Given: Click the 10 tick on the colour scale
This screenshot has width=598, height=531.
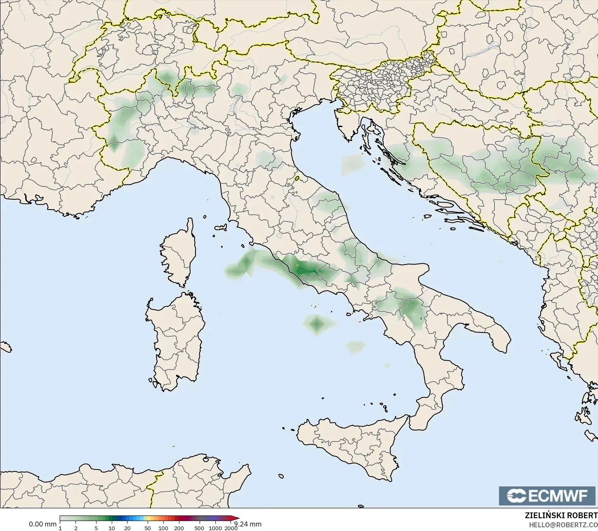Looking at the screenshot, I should tap(111, 528).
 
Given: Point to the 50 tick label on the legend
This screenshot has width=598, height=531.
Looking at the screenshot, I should tap(148, 528).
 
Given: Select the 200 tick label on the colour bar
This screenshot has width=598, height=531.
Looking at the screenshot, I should tap(179, 528).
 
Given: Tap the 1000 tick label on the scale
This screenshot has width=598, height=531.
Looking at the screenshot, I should tap(215, 528).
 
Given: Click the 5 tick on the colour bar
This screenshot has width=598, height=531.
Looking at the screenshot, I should tap(96, 528).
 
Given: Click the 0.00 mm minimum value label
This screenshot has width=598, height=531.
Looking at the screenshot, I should tap(42, 524).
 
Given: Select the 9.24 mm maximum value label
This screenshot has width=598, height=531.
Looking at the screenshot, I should tap(248, 524).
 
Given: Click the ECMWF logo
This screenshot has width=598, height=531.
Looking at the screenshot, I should tap(548, 496).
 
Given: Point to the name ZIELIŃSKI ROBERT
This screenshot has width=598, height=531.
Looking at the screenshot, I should tap(561, 515).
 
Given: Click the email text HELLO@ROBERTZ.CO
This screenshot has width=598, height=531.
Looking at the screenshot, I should tap(563, 524).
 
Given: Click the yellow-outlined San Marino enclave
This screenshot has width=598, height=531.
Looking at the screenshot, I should tap(297, 179).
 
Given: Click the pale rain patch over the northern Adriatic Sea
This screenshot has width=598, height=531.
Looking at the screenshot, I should tap(353, 164).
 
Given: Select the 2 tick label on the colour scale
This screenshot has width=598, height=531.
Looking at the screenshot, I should tap(75, 528).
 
